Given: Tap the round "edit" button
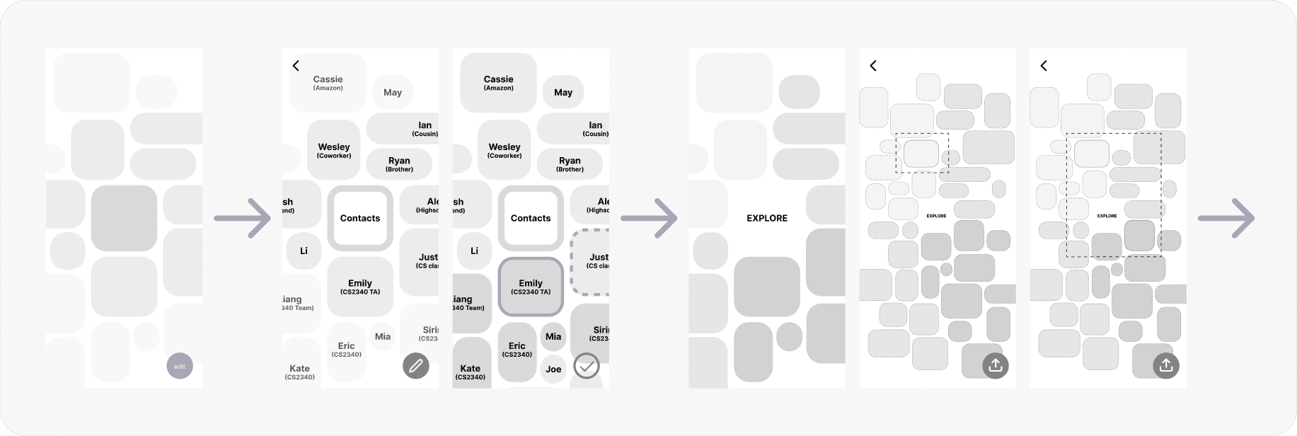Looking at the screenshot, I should point(180,366).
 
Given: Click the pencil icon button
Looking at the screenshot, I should point(416,366).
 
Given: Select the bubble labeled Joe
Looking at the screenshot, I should point(553,369).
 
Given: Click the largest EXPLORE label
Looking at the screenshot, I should point(767,219).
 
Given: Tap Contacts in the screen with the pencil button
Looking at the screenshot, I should point(360,218).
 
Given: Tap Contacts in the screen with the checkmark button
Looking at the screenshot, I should point(531,218).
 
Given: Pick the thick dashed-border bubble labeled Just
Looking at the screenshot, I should point(592,261).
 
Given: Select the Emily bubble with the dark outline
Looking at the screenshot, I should point(531,286).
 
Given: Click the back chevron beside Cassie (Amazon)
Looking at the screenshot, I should point(296,66).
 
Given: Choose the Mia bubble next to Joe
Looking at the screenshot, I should point(553,337).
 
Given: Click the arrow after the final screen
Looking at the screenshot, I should point(1226,218).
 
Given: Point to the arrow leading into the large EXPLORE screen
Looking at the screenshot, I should point(649,218).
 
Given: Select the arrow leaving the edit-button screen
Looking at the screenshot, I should point(242,218).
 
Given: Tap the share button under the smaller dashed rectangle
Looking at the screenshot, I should point(996,365).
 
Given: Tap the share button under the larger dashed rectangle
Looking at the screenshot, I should point(1166,365).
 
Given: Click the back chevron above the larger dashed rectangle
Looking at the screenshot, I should point(1044,66).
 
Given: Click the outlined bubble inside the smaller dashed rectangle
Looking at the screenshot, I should point(921,154).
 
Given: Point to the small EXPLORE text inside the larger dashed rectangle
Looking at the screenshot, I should point(1107,216).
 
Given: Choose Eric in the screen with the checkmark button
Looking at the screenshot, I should point(517,349).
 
